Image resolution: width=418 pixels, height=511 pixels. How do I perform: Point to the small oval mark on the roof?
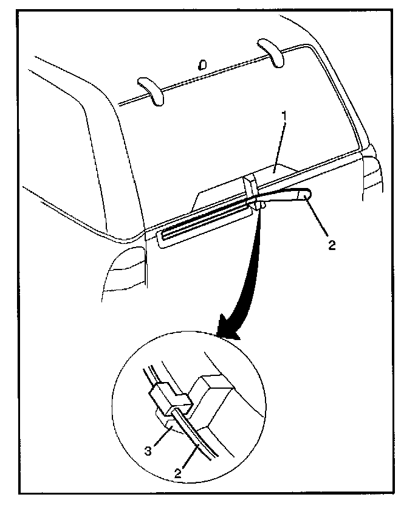coord(203,64)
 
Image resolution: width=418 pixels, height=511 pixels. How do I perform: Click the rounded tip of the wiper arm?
coord(306,195)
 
